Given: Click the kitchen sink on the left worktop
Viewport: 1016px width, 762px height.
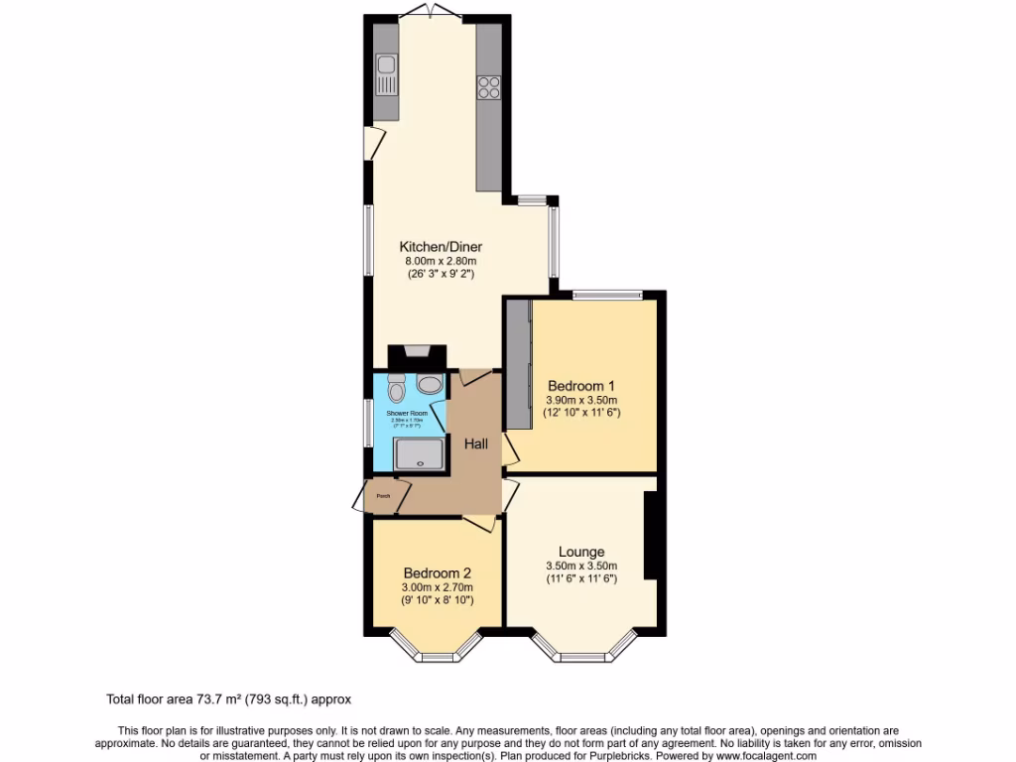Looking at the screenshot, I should coord(386,75).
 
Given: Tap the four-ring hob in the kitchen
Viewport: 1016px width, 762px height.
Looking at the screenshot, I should coord(488,87).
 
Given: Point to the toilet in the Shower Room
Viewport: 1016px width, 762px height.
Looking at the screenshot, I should coord(397,385).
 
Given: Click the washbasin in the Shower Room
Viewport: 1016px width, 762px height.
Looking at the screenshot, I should coord(430,383).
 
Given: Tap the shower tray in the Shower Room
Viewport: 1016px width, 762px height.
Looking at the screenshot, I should coord(422,453).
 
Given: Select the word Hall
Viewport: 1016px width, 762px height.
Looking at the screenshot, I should coord(476,444).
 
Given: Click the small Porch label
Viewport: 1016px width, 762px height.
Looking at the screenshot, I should coord(382,495).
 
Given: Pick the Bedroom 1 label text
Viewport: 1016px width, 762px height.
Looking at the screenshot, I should coord(582,386).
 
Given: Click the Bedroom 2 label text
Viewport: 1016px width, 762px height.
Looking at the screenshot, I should coord(437,572).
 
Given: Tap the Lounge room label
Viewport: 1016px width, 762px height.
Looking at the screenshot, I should coord(581,552).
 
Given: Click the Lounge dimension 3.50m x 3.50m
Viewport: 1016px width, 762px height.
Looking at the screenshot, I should coord(581,567).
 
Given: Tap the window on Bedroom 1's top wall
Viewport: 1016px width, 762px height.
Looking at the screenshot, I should coord(607,294).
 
